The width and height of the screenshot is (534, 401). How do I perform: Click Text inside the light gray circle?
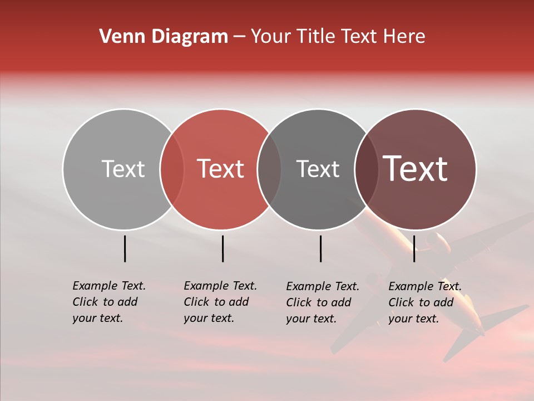click(x=123, y=169)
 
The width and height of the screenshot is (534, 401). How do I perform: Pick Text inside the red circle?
click(x=221, y=169)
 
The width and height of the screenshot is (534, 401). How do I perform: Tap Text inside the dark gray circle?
click(x=318, y=169)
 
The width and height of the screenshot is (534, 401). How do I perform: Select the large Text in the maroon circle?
click(x=416, y=169)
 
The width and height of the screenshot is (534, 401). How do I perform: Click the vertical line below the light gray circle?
click(x=125, y=248)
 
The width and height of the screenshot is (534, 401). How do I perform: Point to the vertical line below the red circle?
click(x=222, y=248)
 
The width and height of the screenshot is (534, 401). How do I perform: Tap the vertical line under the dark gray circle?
click(x=320, y=248)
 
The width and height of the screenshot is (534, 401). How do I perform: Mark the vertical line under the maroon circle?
click(x=414, y=248)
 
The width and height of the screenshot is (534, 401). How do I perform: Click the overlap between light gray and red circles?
click(x=172, y=169)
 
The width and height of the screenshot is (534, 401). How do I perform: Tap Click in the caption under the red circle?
click(x=196, y=302)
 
